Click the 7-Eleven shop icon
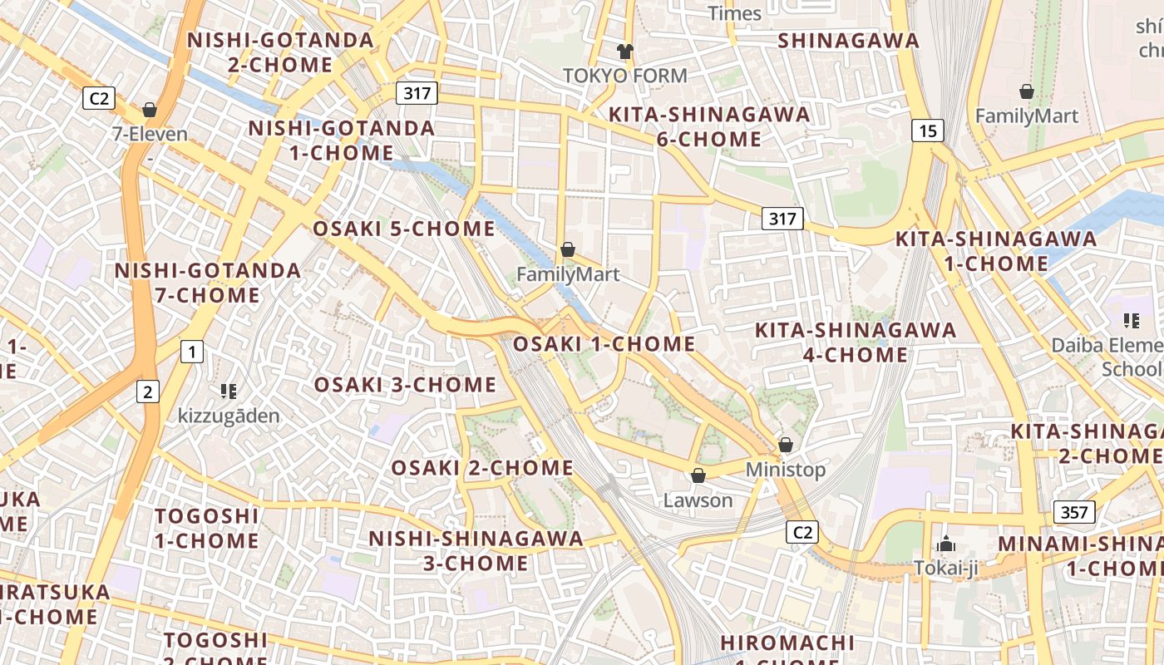[150, 110]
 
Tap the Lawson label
[698, 500]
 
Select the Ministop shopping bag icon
[786, 446]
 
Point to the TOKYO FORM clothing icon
[625, 52]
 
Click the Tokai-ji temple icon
[946, 544]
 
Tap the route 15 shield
[928, 131]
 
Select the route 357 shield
[1074, 512]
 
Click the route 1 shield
[192, 352]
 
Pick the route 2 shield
[148, 392]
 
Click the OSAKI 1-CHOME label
[604, 344]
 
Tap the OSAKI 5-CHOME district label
[404, 229]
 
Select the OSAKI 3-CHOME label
[405, 385]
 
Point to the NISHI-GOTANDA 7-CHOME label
[208, 283]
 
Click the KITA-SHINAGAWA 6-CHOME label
[709, 126]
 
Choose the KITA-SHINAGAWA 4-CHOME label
[856, 342]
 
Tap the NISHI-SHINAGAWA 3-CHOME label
[476, 550]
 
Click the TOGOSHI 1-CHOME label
[207, 529]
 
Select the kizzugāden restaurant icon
[229, 391]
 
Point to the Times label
[734, 13]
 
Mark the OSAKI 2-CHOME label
[482, 468]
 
